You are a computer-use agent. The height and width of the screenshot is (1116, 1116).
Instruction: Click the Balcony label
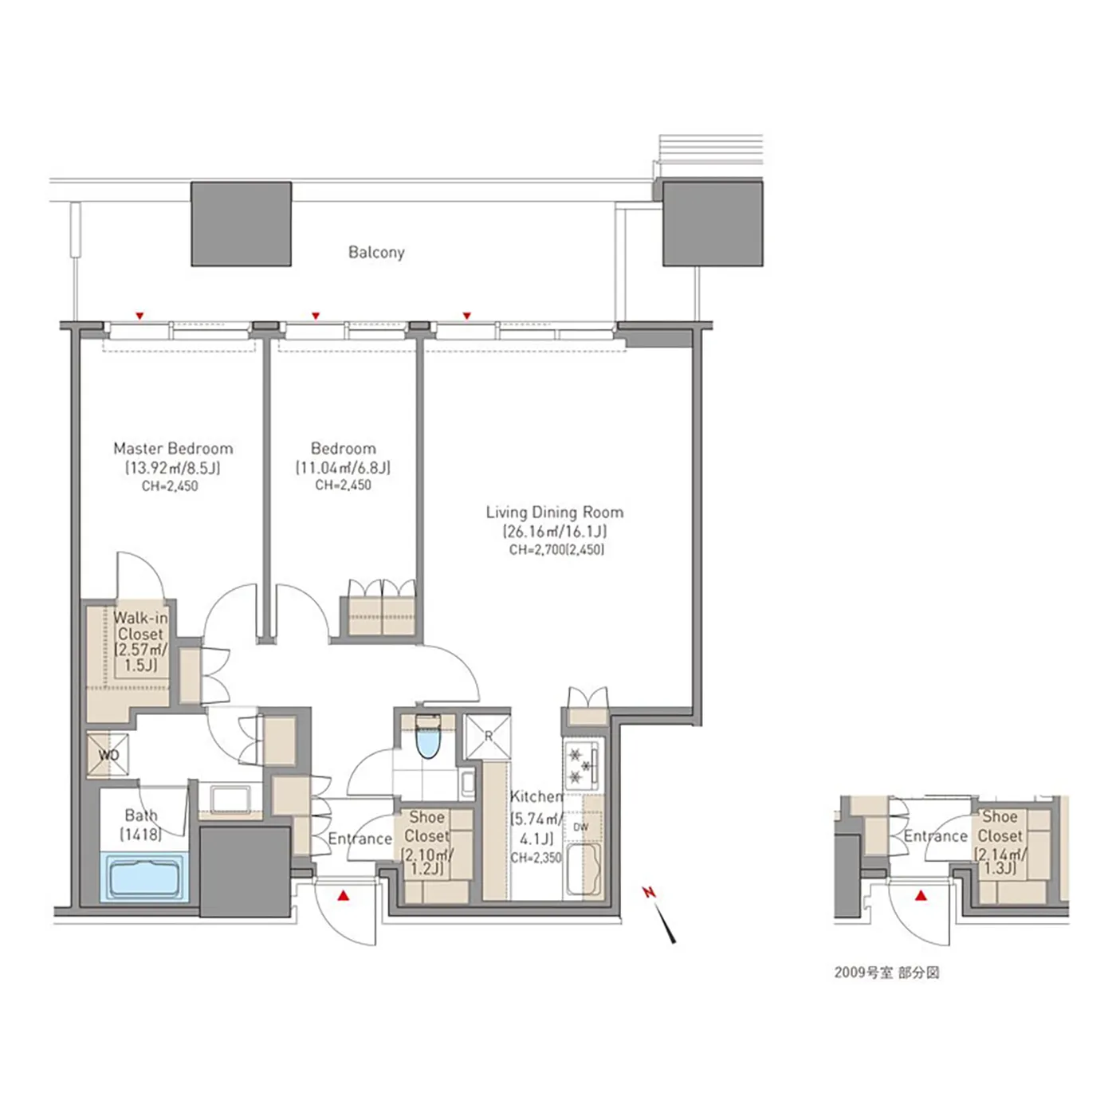click(376, 253)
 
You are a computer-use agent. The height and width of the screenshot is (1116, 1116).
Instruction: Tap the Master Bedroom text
click(173, 448)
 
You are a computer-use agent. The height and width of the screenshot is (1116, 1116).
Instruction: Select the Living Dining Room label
click(554, 512)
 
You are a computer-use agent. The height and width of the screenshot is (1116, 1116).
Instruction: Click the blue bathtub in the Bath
click(145, 878)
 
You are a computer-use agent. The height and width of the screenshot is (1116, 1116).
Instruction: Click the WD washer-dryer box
click(108, 755)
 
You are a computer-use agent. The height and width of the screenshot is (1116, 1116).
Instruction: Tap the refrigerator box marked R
click(488, 736)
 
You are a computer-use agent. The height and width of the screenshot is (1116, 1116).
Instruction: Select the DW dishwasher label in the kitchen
click(580, 827)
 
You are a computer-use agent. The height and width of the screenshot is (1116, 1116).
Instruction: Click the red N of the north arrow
click(649, 893)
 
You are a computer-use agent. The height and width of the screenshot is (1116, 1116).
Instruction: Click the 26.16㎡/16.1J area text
click(554, 531)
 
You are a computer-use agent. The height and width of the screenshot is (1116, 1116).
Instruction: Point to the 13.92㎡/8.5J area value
click(173, 467)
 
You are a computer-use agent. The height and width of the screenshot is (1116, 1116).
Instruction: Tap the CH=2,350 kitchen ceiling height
click(536, 859)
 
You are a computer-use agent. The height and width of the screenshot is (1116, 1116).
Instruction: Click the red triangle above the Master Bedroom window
click(139, 316)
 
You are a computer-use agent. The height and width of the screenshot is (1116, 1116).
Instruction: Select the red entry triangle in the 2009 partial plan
click(921, 896)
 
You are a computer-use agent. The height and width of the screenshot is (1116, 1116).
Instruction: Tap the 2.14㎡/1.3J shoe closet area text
click(1000, 861)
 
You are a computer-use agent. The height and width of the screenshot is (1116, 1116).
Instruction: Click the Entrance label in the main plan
click(360, 839)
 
